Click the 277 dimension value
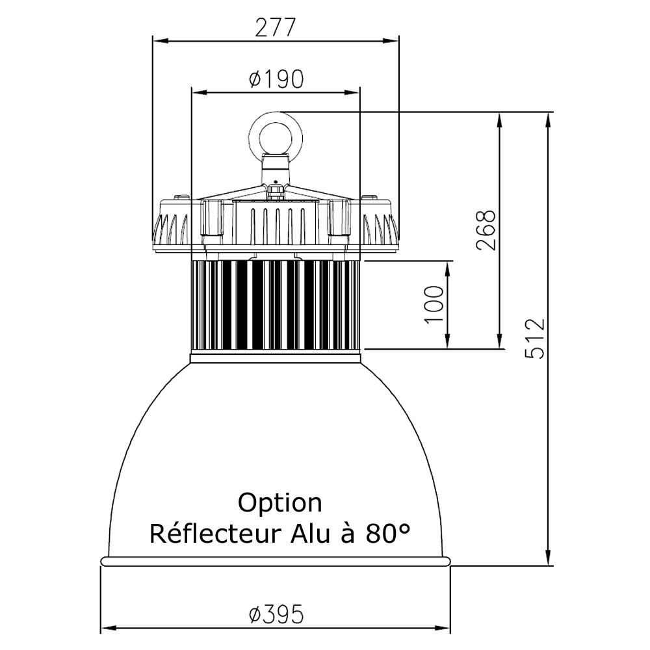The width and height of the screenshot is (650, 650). click(275, 29)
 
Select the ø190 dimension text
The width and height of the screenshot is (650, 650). click(276, 79)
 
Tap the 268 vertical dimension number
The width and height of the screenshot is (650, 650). click(486, 231)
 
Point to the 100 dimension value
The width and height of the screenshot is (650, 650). click(434, 304)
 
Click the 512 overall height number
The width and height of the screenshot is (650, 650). click(534, 338)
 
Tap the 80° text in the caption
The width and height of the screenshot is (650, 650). click(388, 534)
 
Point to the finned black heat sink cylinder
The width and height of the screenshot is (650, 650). click(275, 305)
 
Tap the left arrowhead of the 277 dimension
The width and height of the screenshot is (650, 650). click(161, 40)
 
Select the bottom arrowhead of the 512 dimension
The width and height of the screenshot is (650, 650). click(549, 557)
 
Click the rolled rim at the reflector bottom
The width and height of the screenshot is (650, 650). click(275, 561)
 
